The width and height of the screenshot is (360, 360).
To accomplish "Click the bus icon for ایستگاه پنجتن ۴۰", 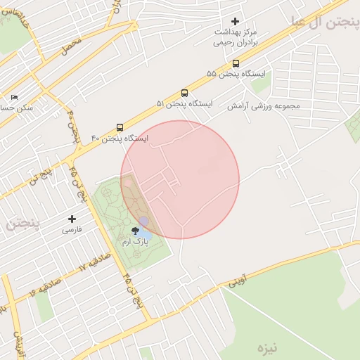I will click(120, 128).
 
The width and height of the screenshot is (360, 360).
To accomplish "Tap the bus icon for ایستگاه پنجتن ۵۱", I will click(184, 93).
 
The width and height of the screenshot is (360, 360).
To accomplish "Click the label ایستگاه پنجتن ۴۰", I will click(120, 139).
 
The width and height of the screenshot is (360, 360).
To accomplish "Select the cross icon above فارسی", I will click(72, 219).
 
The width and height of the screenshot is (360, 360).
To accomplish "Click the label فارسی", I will click(72, 230).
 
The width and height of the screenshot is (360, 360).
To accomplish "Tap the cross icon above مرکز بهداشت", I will click(235, 21).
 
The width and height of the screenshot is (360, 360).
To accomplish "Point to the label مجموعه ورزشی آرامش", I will click(263, 105).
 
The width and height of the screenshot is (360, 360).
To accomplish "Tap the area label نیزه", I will click(268, 347).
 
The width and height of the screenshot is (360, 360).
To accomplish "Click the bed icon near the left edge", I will click(14, 97).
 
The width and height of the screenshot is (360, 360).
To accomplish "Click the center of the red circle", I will click(180, 179).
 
